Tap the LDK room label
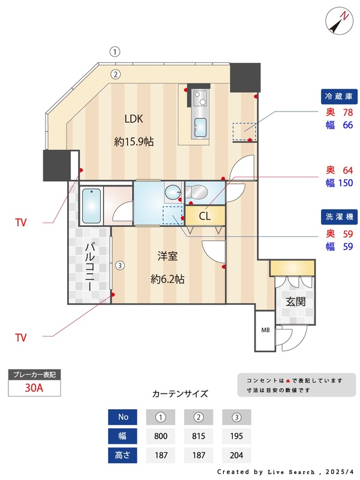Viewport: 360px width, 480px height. pyautogui.click(x=134, y=118)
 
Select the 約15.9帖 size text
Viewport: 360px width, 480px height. pyautogui.click(x=134, y=142)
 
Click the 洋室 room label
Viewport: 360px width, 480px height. pyautogui.click(x=167, y=256)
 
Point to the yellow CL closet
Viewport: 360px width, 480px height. pyautogui.click(x=205, y=215)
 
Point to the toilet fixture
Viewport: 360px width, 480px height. pyautogui.click(x=196, y=192)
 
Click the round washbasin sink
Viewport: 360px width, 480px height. pyautogui.click(x=172, y=192)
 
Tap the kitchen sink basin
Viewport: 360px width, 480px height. pyautogui.click(x=200, y=127)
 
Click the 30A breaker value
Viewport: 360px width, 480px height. pyautogui.click(x=34, y=388)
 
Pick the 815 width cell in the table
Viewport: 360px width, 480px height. pyautogui.click(x=199, y=436)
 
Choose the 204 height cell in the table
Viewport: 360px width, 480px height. pyautogui.click(x=236, y=455)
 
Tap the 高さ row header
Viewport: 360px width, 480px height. pyautogui.click(x=123, y=455)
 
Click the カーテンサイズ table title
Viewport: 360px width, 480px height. pyautogui.click(x=180, y=394)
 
